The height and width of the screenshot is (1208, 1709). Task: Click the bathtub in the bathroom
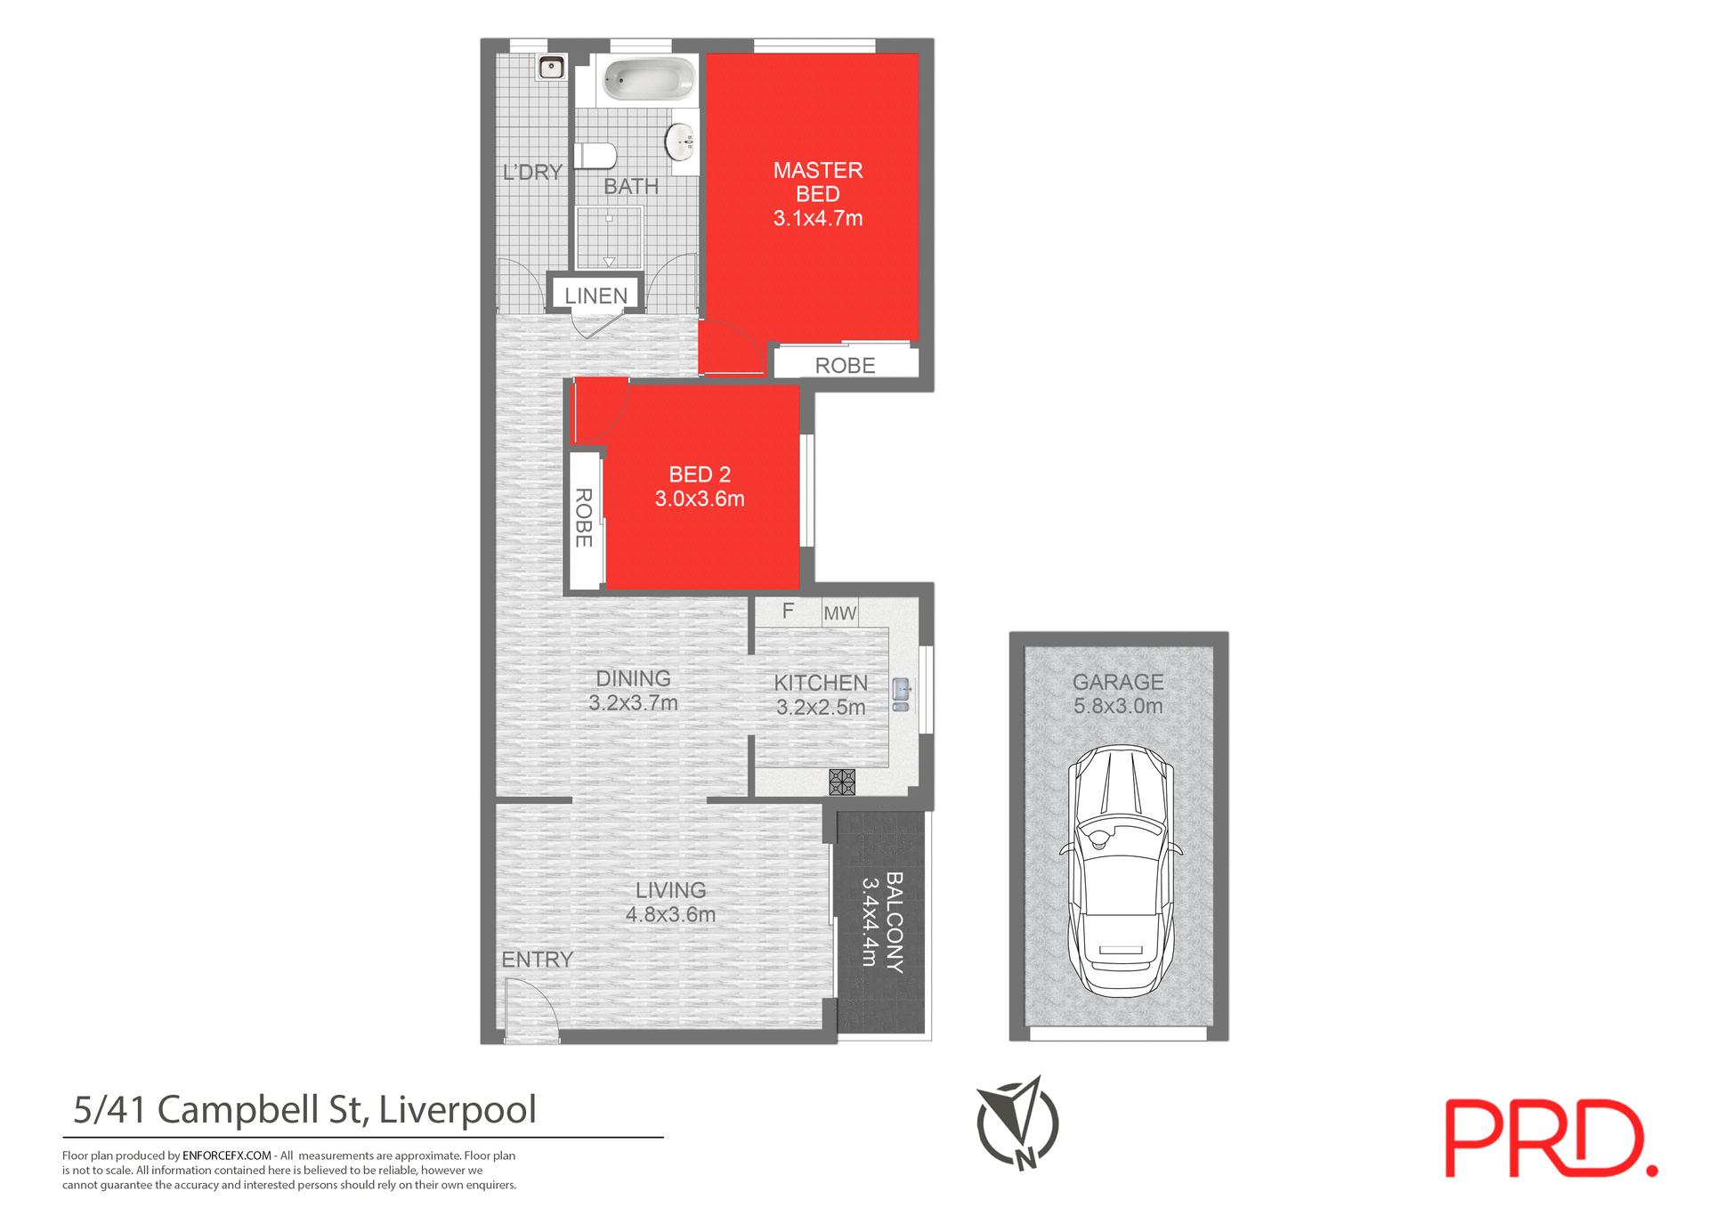click(649, 79)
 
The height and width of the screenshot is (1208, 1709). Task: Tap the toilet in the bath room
click(596, 156)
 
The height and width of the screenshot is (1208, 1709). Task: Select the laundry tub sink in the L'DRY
click(551, 67)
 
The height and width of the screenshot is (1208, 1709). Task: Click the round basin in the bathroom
click(681, 142)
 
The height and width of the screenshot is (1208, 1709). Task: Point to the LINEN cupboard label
click(595, 296)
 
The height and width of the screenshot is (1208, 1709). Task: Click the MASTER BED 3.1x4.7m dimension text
click(818, 218)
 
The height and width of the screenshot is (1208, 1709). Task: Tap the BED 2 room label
click(700, 474)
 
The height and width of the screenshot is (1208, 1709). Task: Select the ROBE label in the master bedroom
click(845, 365)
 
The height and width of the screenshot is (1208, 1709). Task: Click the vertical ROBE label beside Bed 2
click(584, 517)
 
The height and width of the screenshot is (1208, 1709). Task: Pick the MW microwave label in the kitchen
click(839, 612)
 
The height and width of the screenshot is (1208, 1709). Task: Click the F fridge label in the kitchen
click(788, 611)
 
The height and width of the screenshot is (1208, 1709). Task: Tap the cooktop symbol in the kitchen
click(842, 782)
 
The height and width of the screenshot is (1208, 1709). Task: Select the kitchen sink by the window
click(902, 693)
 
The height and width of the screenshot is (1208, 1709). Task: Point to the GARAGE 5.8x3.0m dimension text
click(1118, 706)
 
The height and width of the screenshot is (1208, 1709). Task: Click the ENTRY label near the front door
click(537, 960)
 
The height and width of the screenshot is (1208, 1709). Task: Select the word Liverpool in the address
click(458, 1110)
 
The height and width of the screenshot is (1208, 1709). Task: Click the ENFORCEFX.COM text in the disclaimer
click(226, 1155)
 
